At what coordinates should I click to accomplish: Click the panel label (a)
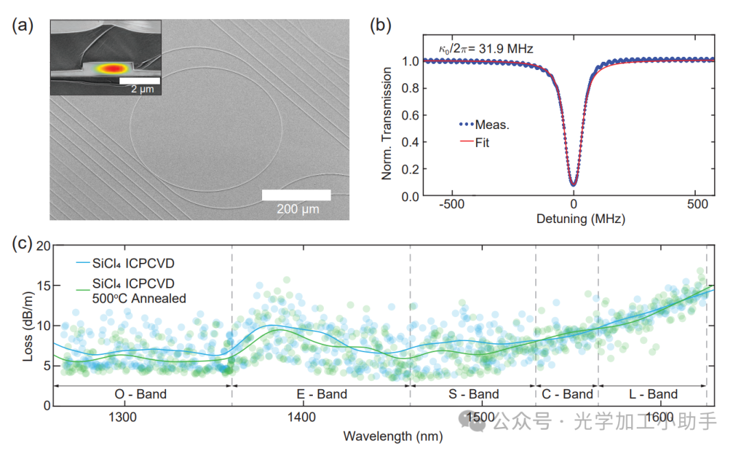(23, 26)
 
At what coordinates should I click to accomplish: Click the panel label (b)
(381, 26)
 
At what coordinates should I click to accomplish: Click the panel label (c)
(23, 244)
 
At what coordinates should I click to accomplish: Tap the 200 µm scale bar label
(296, 209)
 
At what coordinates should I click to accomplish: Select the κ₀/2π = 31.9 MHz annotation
(486, 49)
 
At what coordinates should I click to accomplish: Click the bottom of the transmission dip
(573, 184)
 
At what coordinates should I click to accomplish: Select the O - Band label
(140, 394)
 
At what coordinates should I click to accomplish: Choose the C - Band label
(567, 394)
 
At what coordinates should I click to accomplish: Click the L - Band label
(652, 394)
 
